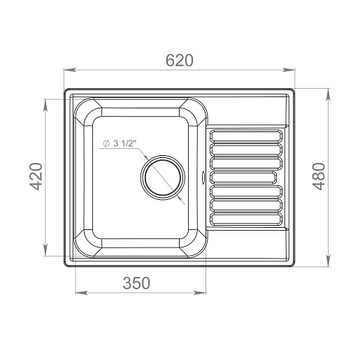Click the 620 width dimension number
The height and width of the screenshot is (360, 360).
point(180,60)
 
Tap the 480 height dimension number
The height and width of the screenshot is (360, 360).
point(319,176)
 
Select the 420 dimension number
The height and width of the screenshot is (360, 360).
point(36,176)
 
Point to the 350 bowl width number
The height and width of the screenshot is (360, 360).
point(136,283)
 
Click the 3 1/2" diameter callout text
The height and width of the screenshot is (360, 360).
point(124,143)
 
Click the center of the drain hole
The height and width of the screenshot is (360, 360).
point(163,178)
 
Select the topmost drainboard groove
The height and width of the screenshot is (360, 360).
point(246,136)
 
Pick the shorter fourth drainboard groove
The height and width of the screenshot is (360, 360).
point(243,178)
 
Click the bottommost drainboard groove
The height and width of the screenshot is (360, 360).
point(246,219)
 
